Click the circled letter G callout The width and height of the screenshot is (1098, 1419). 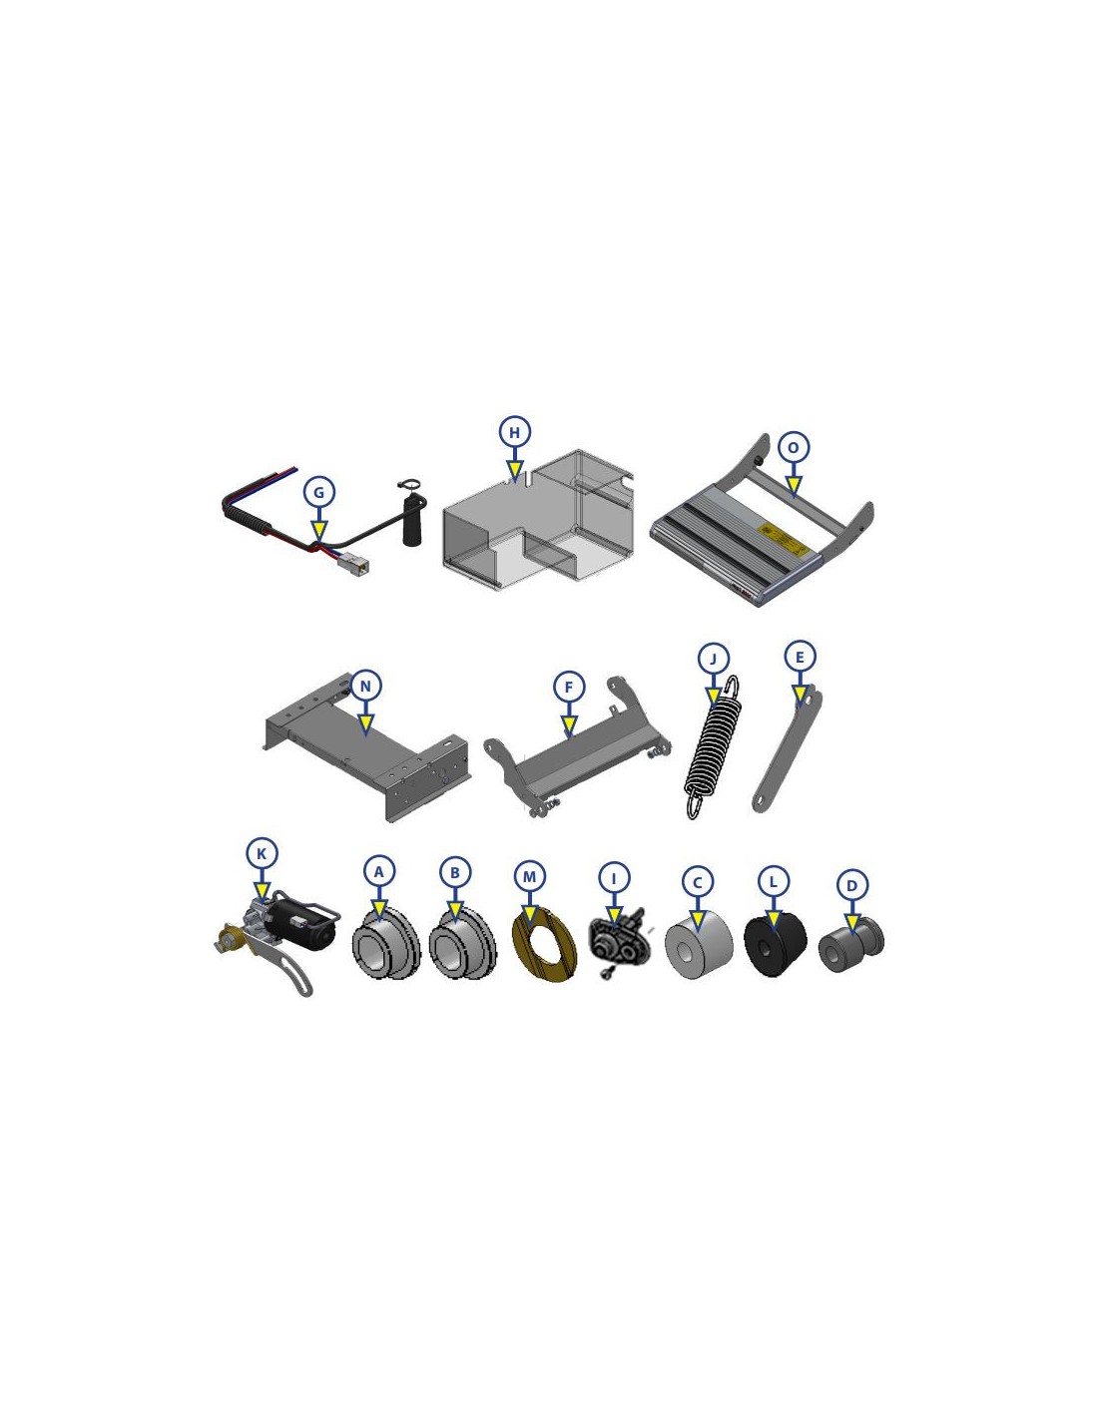click(318, 492)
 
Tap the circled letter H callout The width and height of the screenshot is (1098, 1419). click(515, 432)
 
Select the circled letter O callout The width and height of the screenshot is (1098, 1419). click(793, 448)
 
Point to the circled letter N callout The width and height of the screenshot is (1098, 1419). click(365, 687)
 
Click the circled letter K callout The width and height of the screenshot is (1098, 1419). click(262, 853)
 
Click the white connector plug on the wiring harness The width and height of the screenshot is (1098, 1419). click(354, 562)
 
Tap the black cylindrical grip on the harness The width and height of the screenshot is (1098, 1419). click(412, 519)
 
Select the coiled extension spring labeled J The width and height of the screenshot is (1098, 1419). click(713, 746)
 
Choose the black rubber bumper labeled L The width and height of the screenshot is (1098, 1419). click(775, 946)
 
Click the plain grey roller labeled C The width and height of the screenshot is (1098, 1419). click(699, 945)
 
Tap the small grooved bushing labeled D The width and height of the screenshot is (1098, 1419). click(851, 944)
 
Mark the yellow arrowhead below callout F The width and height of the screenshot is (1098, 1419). click(569, 724)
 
